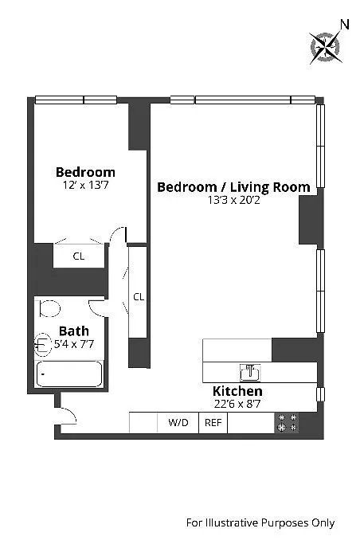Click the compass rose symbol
(325, 47)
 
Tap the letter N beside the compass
(345, 25)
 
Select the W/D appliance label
(178, 422)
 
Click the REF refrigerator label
(213, 423)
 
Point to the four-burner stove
(287, 423)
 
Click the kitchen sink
(250, 373)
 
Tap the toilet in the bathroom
(49, 308)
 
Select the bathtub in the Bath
(69, 374)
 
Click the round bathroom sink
(42, 344)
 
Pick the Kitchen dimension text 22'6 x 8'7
(237, 404)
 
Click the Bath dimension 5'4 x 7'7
(74, 344)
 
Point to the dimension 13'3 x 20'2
(233, 200)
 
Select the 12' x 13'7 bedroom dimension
(85, 185)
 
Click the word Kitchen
(237, 391)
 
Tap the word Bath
(74, 331)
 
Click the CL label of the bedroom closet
(79, 256)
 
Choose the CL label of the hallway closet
(139, 296)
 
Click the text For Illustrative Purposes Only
(260, 523)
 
